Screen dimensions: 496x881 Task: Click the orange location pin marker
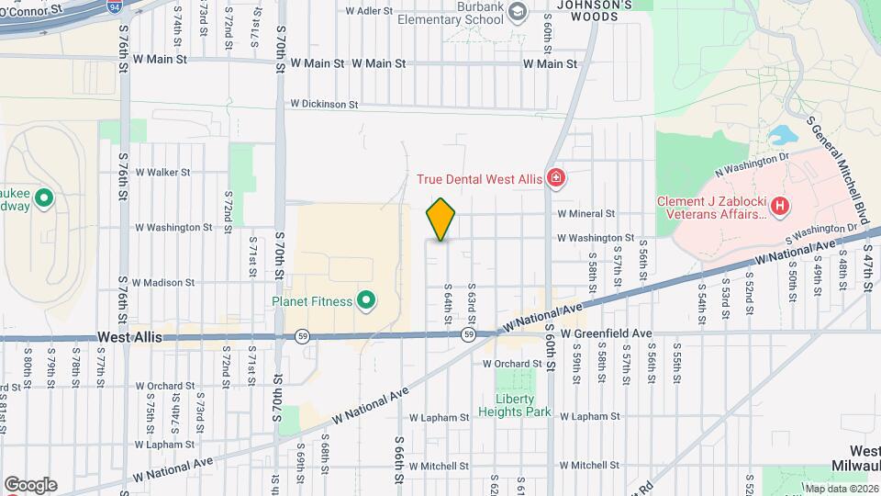tap(441, 219)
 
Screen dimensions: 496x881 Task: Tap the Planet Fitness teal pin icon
tap(366, 301)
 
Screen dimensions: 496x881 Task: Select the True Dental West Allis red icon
tap(554, 178)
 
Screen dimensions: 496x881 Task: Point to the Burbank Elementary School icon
tap(518, 11)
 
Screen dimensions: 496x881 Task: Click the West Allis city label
tap(129, 338)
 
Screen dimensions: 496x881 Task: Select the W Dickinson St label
tap(324, 105)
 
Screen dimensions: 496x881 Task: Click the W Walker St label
tap(162, 172)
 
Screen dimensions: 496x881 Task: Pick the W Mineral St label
tap(585, 213)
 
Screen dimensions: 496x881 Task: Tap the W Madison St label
tap(163, 283)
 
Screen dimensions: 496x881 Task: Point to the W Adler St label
tap(369, 11)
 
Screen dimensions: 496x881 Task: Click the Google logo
tap(30, 484)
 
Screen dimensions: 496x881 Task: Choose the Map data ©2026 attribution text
tap(841, 489)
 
